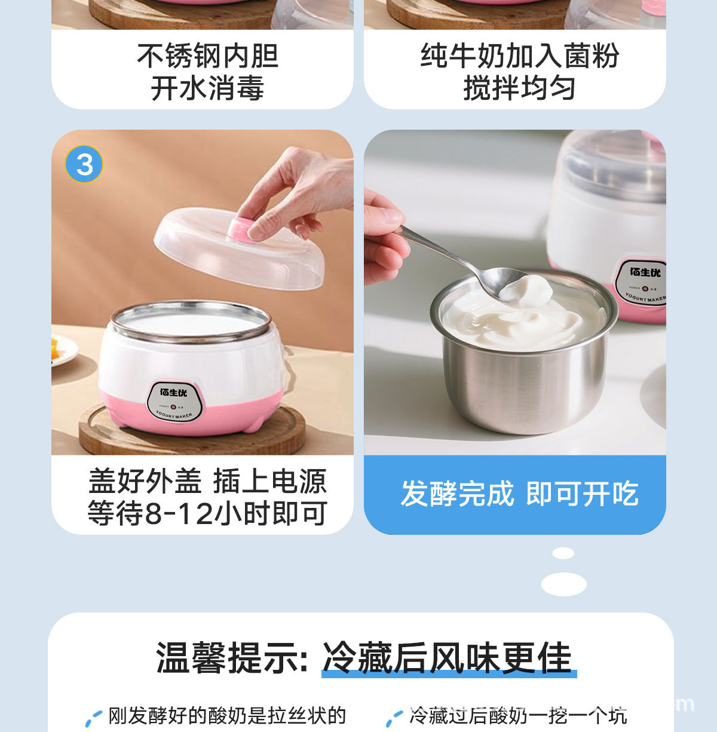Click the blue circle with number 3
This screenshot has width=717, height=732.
(84, 164)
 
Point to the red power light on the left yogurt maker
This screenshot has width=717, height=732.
(173, 406)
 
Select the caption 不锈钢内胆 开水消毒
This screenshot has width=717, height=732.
(207, 72)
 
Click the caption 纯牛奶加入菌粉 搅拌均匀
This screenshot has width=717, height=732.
(519, 72)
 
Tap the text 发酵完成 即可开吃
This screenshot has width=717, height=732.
(519, 494)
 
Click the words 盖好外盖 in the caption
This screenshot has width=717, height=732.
(145, 481)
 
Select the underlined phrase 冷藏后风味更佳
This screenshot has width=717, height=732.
(448, 658)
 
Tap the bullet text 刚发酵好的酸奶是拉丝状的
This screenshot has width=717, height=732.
(227, 715)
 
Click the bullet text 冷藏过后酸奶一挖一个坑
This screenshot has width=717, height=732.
(518, 715)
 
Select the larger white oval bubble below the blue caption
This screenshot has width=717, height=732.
(563, 584)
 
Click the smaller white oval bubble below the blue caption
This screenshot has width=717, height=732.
(563, 553)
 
